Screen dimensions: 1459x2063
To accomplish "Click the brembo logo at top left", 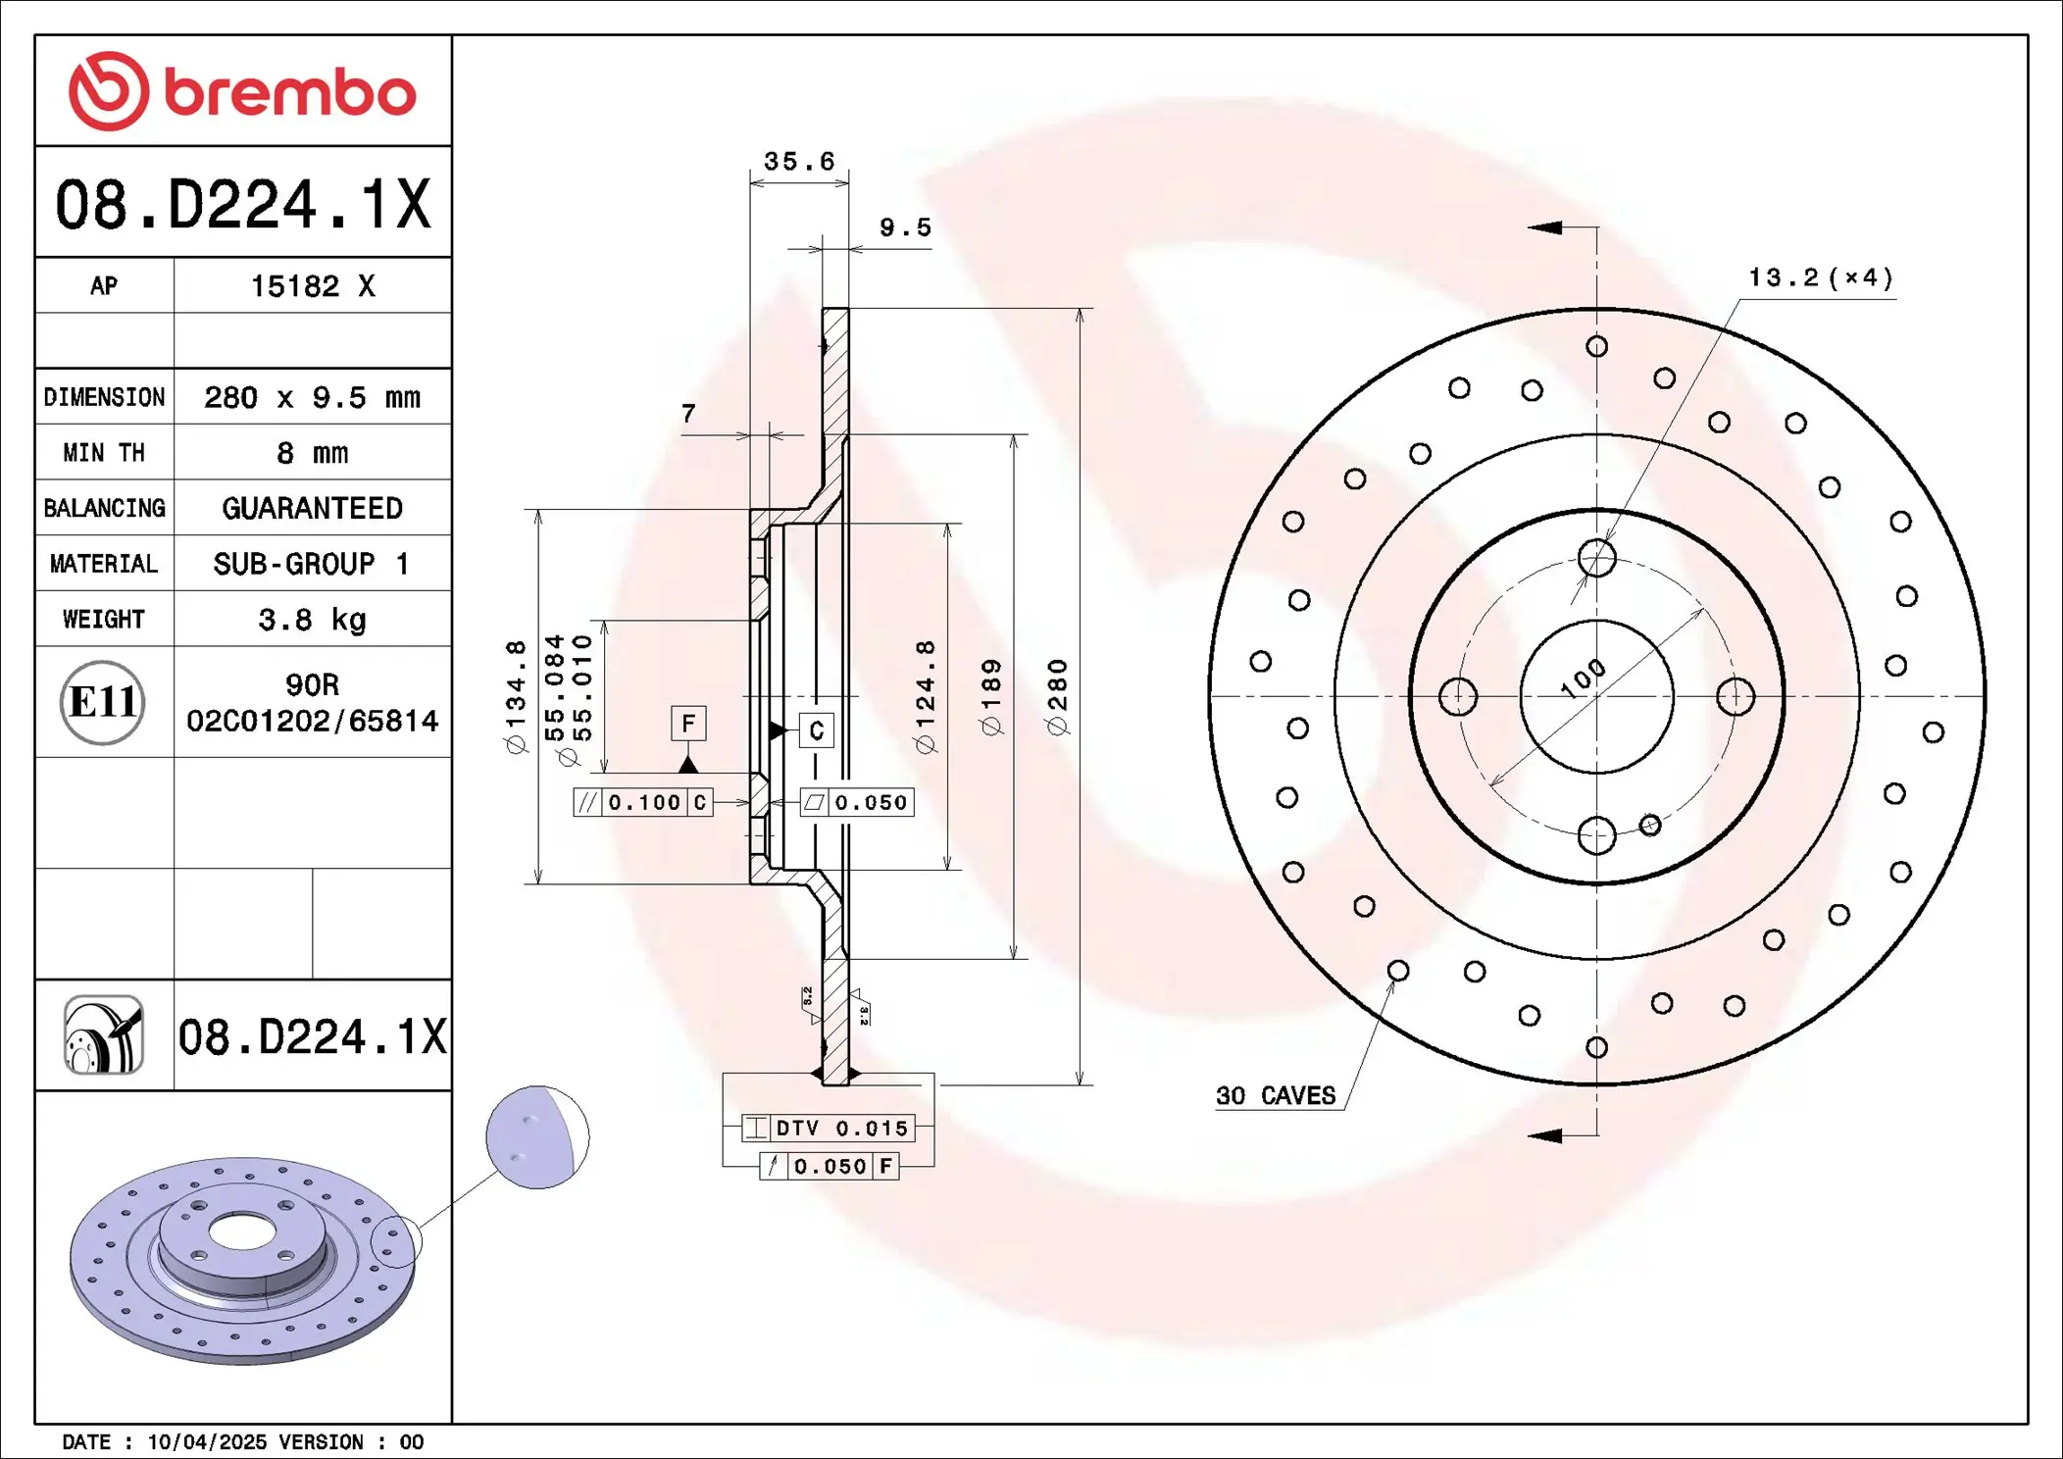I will coord(242,92).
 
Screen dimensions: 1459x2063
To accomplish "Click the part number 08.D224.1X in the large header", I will coord(242,205).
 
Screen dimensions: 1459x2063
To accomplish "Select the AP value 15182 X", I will coord(313,286).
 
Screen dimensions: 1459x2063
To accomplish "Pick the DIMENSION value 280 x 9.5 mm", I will coord(312,398).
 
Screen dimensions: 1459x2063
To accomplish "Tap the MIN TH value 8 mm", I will coord(312,453).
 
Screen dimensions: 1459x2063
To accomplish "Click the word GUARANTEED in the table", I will coord(312,508).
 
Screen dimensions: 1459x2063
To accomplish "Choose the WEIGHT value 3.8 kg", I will coord(312,620).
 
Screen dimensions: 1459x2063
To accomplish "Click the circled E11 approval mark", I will coord(103,702).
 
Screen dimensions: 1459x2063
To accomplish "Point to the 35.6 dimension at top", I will coord(799,162).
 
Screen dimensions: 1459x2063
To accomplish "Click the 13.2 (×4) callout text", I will coord(1820,278).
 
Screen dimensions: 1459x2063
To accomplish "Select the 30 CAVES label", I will coord(1276,1096).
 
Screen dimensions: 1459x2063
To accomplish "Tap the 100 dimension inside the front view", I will coord(1583,679).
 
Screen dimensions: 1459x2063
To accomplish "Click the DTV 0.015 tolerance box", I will coord(829,1129).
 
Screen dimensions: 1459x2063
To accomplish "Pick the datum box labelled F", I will coord(688,724).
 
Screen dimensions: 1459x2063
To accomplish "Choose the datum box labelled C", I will coord(817,730).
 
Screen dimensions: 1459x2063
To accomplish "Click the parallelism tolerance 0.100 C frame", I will coord(643,803).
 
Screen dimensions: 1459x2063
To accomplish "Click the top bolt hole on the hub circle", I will coord(1596,559).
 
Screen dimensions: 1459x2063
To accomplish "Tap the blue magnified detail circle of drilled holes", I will coord(536,1137).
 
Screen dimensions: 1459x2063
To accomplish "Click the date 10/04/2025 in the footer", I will coord(207,1442).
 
